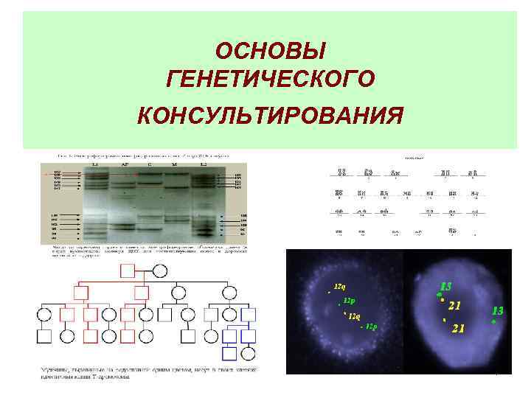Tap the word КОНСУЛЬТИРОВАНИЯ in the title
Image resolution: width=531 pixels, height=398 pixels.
pyautogui.click(x=271, y=116)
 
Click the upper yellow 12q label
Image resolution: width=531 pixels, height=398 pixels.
pyautogui.click(x=341, y=285)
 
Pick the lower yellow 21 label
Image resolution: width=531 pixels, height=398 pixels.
pyautogui.click(x=457, y=328)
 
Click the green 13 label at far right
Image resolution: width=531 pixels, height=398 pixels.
pyautogui.click(x=498, y=310)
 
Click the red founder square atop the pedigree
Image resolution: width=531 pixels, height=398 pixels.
pyautogui.click(x=128, y=270)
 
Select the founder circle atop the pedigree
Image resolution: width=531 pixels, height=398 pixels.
pyautogui.click(x=159, y=270)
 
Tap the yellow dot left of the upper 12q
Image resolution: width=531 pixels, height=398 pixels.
pyautogui.click(x=330, y=292)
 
